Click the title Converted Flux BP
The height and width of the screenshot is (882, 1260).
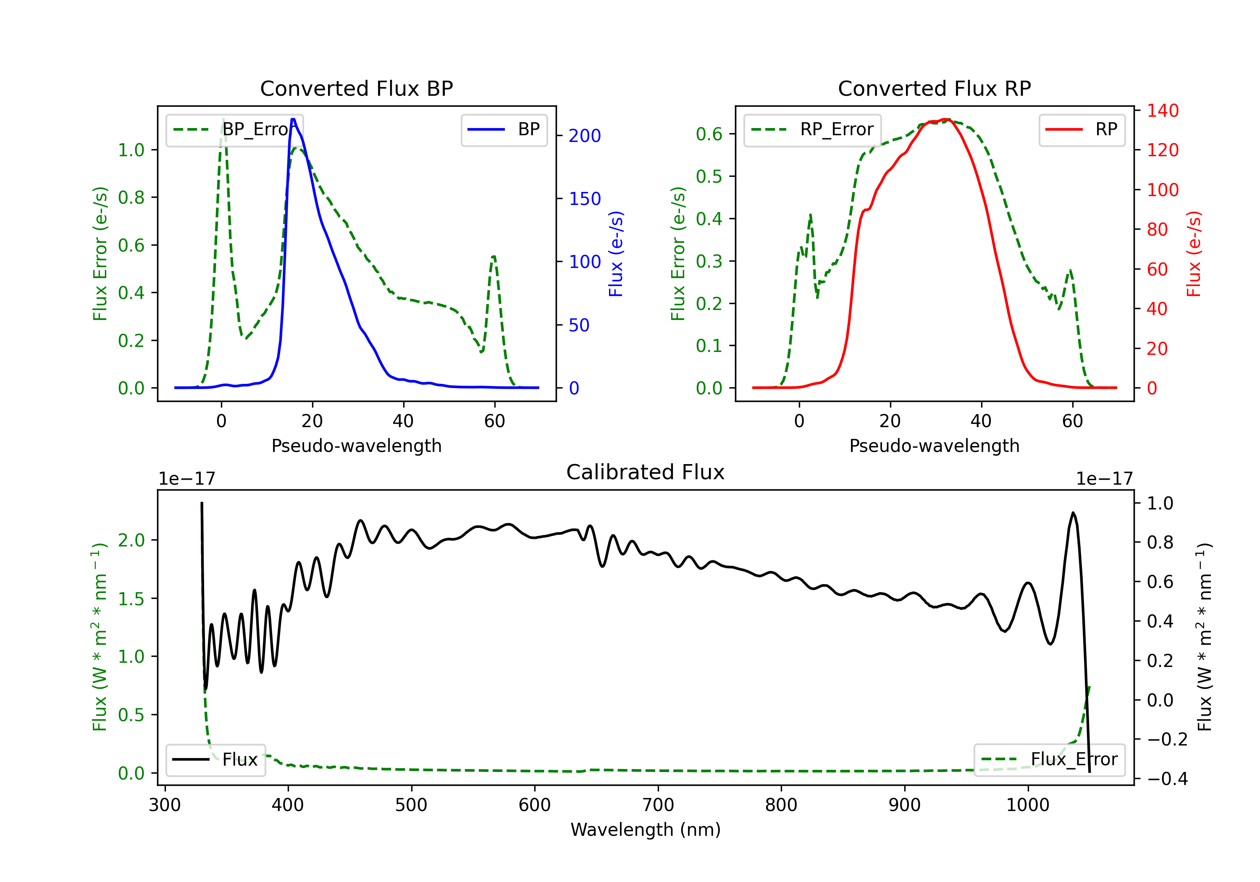click(356, 88)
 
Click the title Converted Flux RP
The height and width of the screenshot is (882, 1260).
click(934, 88)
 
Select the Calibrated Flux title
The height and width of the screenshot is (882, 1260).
click(646, 472)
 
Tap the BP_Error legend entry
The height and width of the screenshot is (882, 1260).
click(234, 129)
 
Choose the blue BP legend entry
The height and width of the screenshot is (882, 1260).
click(504, 129)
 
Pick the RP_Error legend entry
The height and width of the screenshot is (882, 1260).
click(812, 129)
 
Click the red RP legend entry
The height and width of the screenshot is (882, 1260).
click(1081, 129)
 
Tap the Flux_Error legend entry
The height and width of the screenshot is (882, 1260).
click(1049, 760)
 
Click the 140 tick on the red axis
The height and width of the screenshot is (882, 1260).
click(1162, 110)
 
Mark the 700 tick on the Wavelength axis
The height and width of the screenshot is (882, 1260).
click(658, 805)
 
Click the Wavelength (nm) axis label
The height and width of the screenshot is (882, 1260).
click(646, 830)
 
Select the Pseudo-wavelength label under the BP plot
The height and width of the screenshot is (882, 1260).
click(356, 446)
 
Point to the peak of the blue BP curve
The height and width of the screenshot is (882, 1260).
click(293, 119)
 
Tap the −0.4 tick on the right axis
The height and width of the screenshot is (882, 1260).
click(1167, 779)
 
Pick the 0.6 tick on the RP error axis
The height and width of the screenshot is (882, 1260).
click(709, 134)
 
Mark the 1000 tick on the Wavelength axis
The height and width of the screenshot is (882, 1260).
click(1028, 805)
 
